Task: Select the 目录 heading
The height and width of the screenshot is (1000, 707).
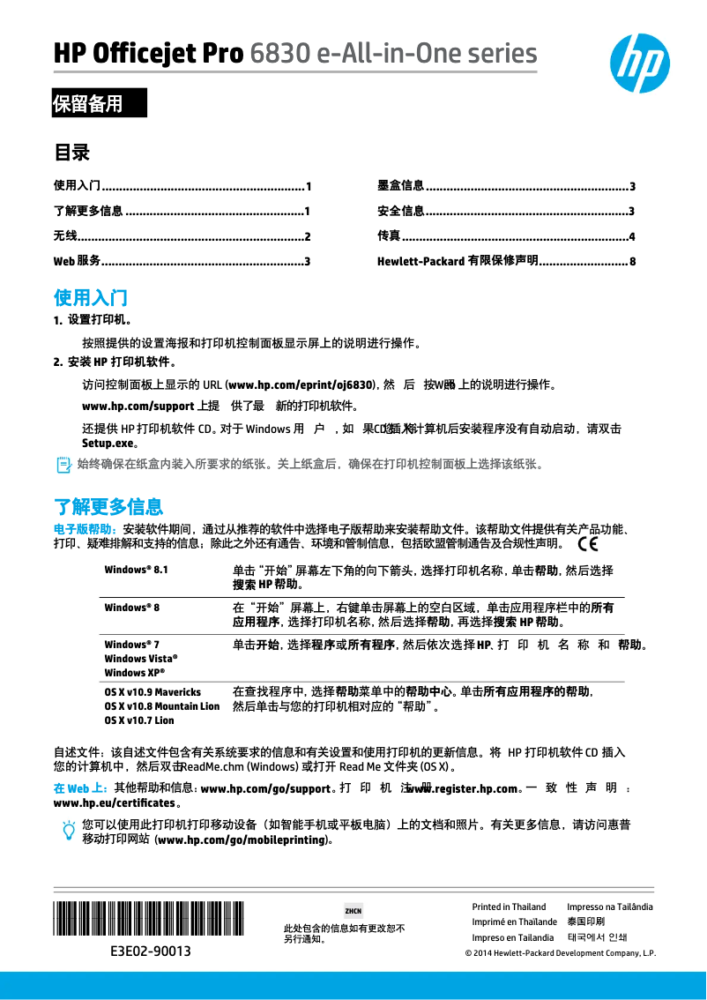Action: [72, 153]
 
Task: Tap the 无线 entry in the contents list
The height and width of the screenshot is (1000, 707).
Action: [65, 235]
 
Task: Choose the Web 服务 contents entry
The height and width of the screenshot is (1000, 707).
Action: [78, 261]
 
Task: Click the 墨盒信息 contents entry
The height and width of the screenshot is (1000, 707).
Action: [401, 185]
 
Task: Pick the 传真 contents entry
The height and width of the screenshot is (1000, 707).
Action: [389, 235]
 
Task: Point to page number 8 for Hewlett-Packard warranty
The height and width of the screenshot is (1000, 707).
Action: [632, 262]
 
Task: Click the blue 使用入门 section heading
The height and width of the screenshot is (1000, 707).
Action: [91, 296]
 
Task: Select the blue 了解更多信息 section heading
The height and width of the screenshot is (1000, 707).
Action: [108, 506]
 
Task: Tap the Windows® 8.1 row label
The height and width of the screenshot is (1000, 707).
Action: [136, 570]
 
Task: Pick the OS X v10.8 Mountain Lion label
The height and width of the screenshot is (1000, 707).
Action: [162, 706]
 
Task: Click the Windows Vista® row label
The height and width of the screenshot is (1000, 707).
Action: [141, 659]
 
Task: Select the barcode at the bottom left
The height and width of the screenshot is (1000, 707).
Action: [149, 918]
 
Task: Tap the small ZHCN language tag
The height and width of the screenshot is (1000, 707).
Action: [353, 910]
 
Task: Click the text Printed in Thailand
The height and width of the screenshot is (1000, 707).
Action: [509, 907]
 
